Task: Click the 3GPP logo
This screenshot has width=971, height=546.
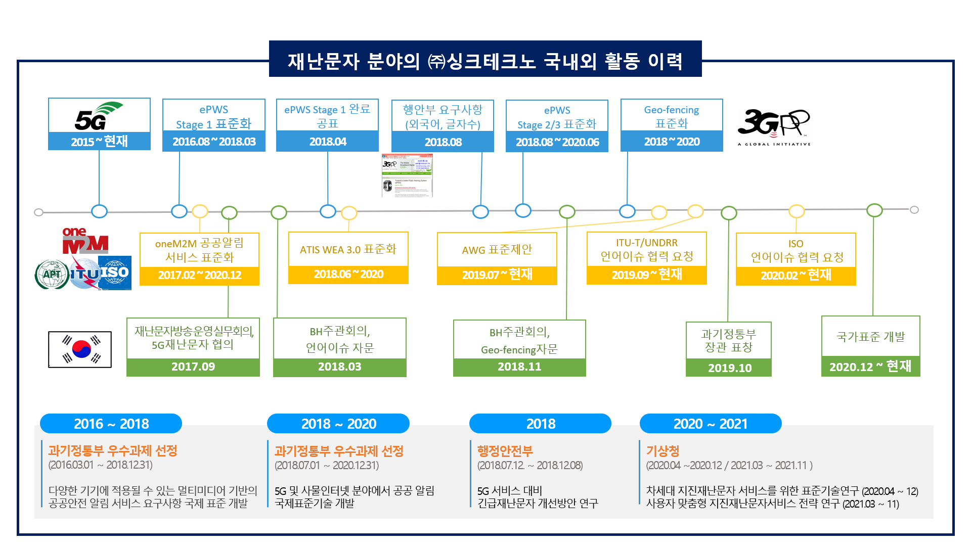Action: [x=773, y=126]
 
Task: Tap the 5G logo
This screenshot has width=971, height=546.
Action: [x=99, y=116]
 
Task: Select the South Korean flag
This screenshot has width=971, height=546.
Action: [x=80, y=349]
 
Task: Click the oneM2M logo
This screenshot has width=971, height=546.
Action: [x=85, y=241]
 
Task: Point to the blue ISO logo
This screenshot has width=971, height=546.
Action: [x=115, y=273]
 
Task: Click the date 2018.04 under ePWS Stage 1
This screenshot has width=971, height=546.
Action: [x=328, y=142]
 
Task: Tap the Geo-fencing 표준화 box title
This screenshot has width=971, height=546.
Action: [x=671, y=116]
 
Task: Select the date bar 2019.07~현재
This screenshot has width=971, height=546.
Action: [x=497, y=275]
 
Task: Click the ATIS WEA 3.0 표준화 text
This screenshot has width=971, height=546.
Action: [x=348, y=249]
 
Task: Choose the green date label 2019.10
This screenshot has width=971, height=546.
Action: [x=729, y=368]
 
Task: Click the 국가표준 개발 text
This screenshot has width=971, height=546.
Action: [x=870, y=337]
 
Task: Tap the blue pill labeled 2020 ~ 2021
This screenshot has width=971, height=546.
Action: [x=710, y=424]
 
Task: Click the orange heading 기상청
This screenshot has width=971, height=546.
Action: [x=663, y=450]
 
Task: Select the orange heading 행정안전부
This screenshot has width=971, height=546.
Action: [x=505, y=450]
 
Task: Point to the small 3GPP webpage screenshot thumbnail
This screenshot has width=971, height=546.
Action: [x=407, y=175]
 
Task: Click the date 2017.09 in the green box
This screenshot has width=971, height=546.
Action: [x=193, y=367]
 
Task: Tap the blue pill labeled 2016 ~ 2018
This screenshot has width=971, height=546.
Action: [x=111, y=424]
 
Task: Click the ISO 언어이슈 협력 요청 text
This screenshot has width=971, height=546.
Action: [x=796, y=250]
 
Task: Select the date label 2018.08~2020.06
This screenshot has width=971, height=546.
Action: [x=557, y=142]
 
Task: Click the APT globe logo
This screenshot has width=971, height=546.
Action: [x=52, y=275]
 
